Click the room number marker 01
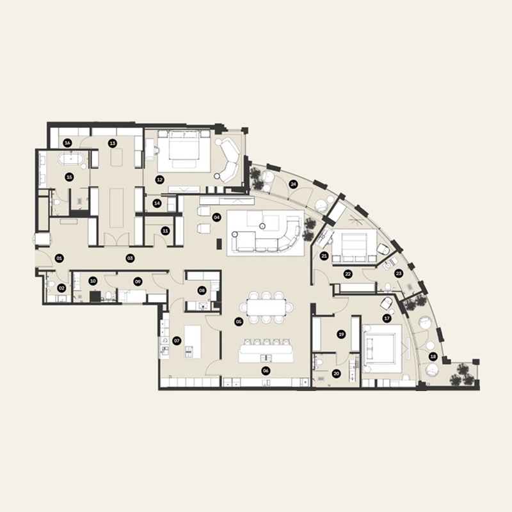[x=60, y=259]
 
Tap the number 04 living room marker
[x=217, y=217]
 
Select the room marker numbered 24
[x=294, y=184]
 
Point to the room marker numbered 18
[x=433, y=356]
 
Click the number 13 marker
[x=112, y=143]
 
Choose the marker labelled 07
[x=177, y=340]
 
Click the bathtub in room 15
[x=67, y=158]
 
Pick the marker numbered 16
[x=67, y=143]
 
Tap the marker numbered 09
[x=138, y=281]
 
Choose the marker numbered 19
[x=341, y=333]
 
